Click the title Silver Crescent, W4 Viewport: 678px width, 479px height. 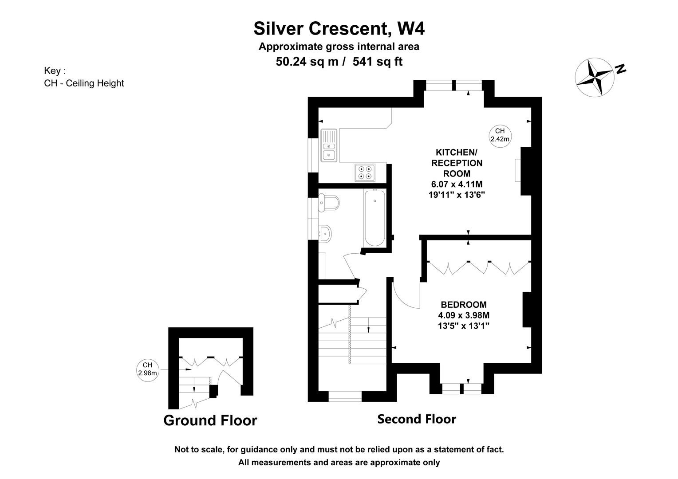pyautogui.click(x=339, y=29)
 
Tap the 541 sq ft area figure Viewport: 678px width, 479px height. pyautogui.click(x=378, y=62)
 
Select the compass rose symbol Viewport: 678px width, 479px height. pyautogui.click(x=595, y=78)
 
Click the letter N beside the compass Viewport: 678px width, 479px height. pyautogui.click(x=620, y=69)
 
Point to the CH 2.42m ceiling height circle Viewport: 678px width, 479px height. pyautogui.click(x=500, y=136)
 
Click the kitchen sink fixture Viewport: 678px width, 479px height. pyautogui.click(x=329, y=145)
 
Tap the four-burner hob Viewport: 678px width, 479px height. pyautogui.click(x=365, y=173)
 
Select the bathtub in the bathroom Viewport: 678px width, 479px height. pyautogui.click(x=374, y=218)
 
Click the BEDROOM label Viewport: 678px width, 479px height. pyautogui.click(x=464, y=304)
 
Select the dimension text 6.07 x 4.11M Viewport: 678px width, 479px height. pyautogui.click(x=457, y=184)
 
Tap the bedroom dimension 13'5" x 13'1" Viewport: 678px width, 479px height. pyautogui.click(x=464, y=326)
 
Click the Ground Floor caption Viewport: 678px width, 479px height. pyautogui.click(x=210, y=420)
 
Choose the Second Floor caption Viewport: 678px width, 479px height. pyautogui.click(x=417, y=419)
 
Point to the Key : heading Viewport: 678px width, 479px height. pyautogui.click(x=55, y=71)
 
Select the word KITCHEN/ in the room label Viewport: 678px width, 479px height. pyautogui.click(x=457, y=152)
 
